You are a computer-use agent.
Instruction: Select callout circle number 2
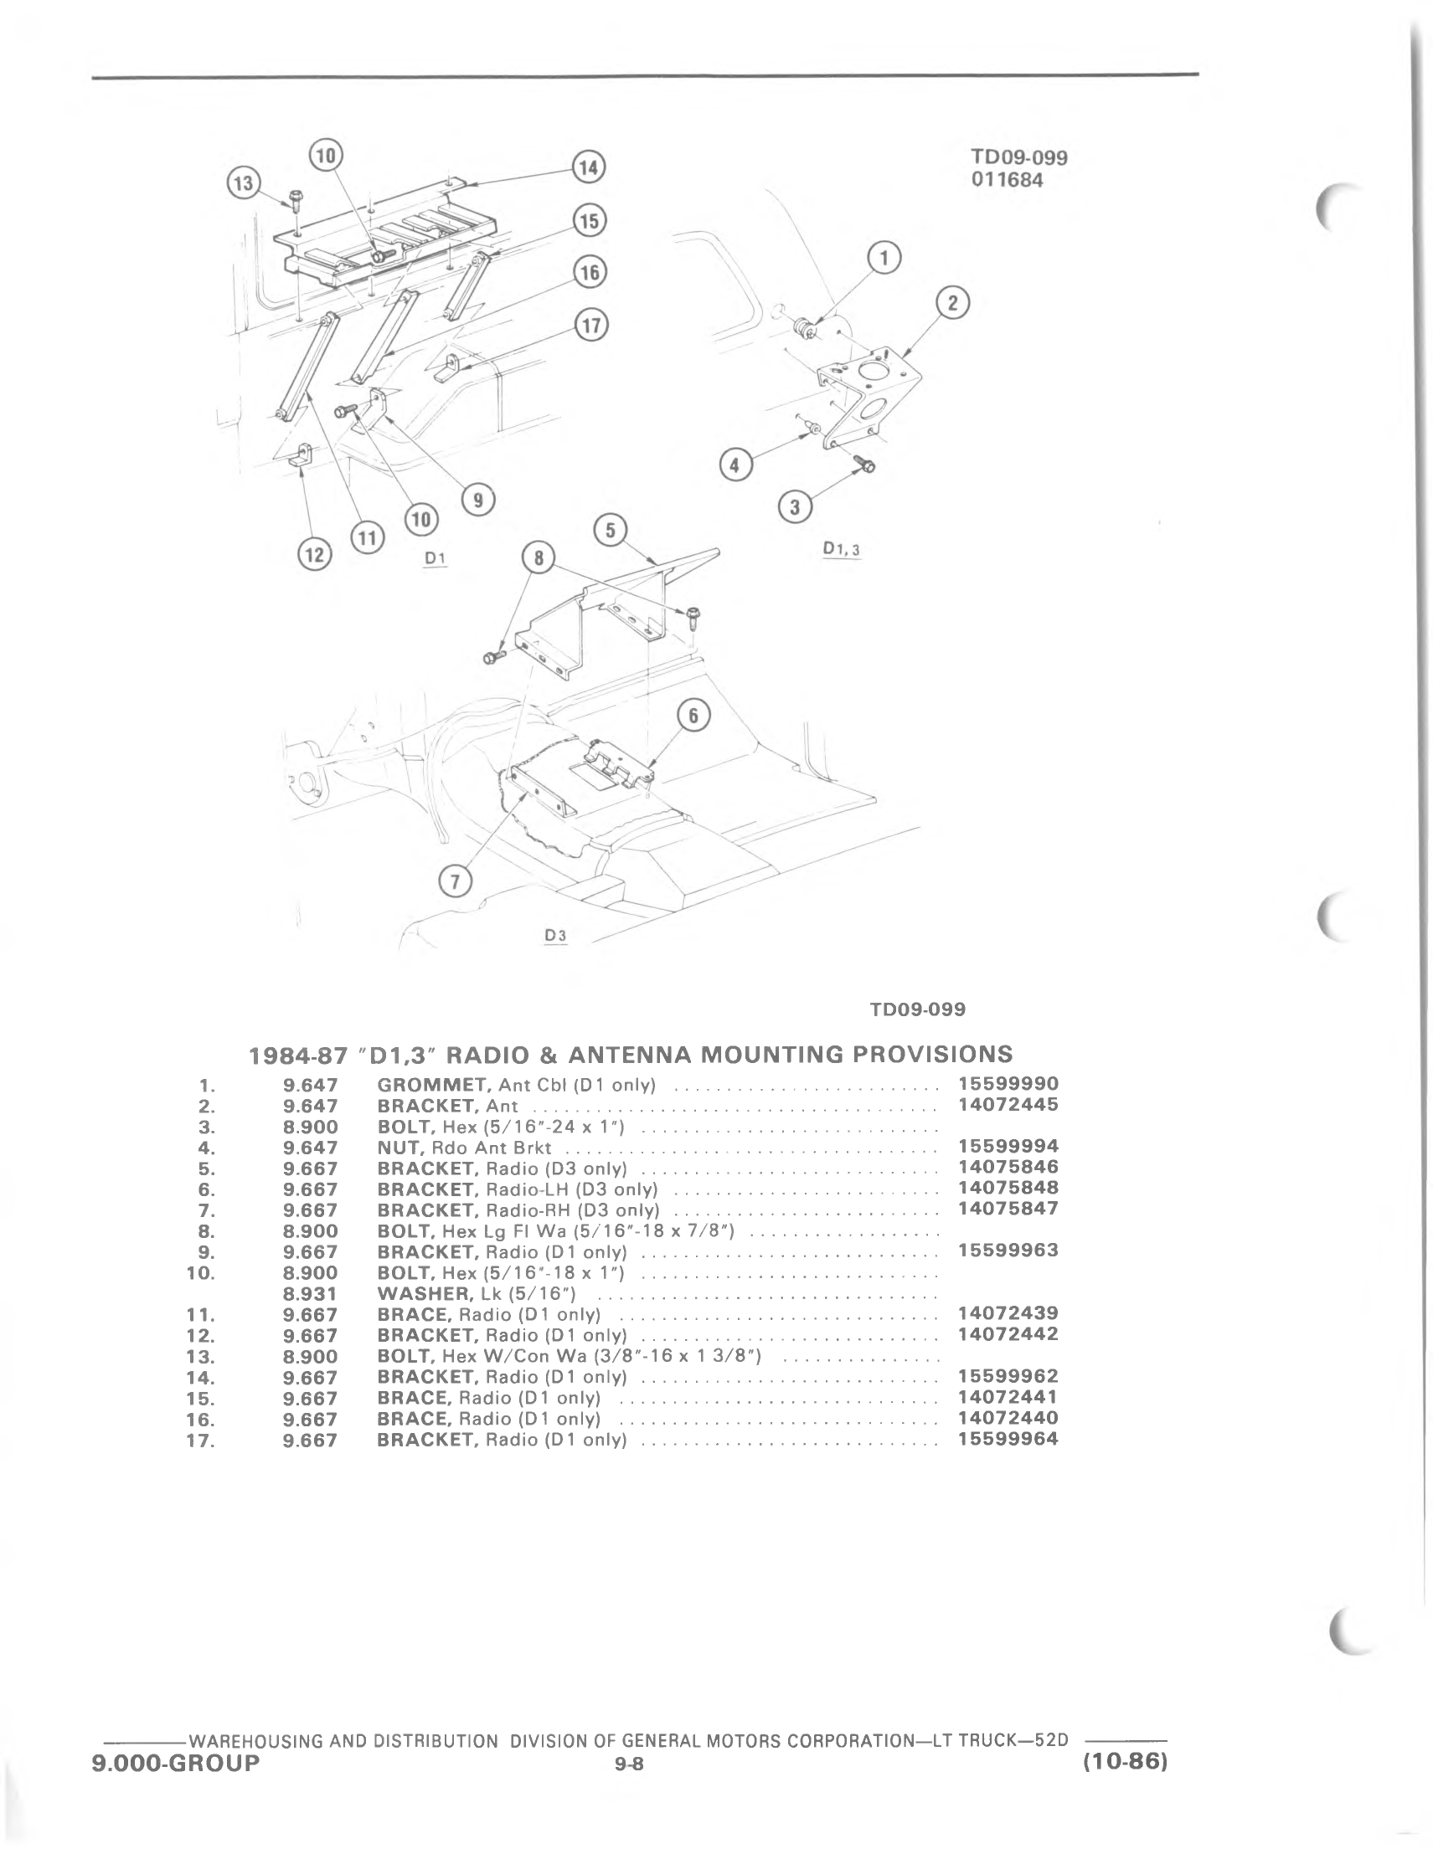pyautogui.click(x=953, y=304)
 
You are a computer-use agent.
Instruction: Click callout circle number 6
pyautogui.click(x=693, y=716)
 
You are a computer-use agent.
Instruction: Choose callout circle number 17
pyautogui.click(x=591, y=325)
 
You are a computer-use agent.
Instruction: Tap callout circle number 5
pyautogui.click(x=611, y=531)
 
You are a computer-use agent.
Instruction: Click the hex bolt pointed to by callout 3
pyautogui.click(x=864, y=464)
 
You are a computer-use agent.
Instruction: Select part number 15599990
pyautogui.click(x=1008, y=1084)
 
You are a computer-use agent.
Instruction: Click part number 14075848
pyautogui.click(x=1008, y=1188)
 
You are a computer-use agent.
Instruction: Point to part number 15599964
pyautogui.click(x=1008, y=1438)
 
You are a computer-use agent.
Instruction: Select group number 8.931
pyautogui.click(x=311, y=1293)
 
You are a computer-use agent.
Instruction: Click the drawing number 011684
pyautogui.click(x=1007, y=180)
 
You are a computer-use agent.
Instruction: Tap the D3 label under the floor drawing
pyautogui.click(x=555, y=936)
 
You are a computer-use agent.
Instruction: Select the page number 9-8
pyautogui.click(x=630, y=1764)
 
